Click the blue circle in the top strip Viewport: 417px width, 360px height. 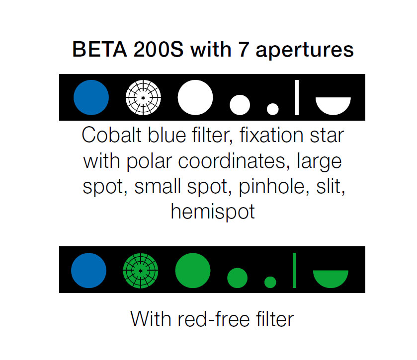coord(91,97)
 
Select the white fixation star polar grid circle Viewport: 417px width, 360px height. coord(143,97)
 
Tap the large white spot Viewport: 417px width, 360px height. coord(195,97)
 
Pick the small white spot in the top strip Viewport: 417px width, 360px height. coord(240,105)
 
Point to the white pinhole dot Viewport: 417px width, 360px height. coord(272,109)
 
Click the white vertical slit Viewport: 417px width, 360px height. coord(297,97)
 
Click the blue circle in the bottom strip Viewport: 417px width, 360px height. coord(88,271)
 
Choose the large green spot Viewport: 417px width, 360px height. coord(193,271)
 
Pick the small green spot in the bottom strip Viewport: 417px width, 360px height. coord(237,278)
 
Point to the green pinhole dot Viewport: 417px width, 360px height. coord(270,282)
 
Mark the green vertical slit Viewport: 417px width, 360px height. coord(294,271)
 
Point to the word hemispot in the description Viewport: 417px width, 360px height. coord(213,212)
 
